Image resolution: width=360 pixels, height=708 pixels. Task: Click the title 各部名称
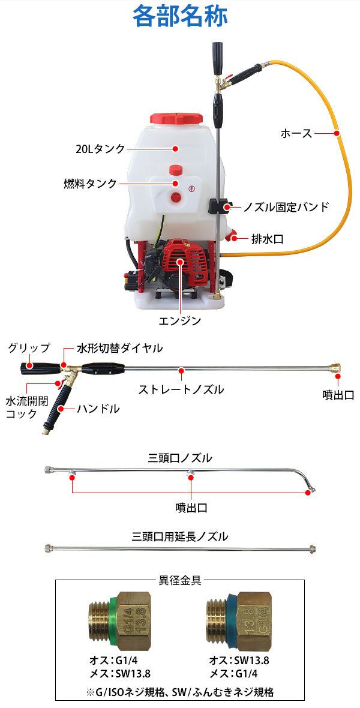180,16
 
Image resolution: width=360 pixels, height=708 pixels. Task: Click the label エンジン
180,321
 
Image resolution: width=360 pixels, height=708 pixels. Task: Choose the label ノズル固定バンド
286,208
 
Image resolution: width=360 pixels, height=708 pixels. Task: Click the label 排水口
267,239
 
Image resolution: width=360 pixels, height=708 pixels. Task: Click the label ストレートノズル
181,389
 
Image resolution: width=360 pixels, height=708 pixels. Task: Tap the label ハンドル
98,409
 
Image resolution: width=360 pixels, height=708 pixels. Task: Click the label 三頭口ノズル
180,458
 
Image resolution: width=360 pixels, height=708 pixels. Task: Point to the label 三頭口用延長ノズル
180,536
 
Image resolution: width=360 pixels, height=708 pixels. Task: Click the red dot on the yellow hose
337,133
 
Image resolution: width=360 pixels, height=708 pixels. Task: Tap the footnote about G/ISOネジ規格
180,693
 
